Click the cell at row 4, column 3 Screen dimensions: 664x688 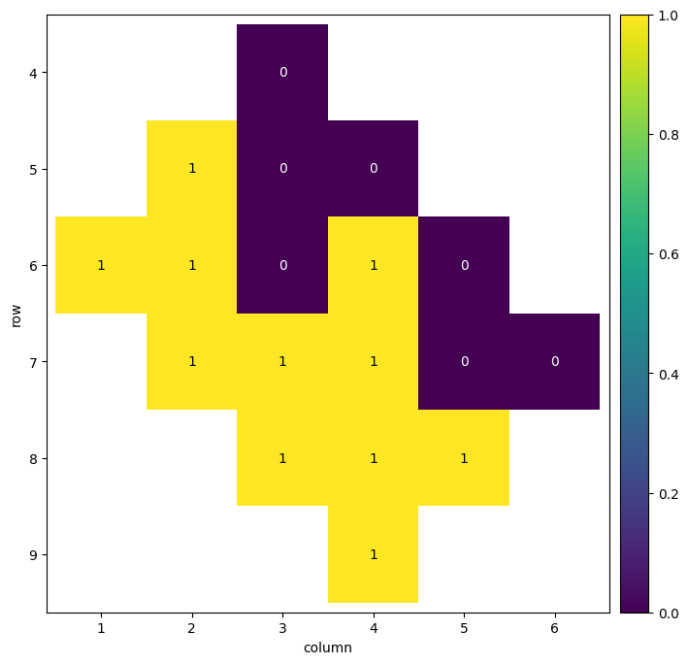(282, 72)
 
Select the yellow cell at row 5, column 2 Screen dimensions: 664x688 (192, 168)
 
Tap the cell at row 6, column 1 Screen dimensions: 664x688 (101, 265)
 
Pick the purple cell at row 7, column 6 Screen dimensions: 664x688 (554, 361)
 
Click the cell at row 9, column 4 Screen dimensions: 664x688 (374, 554)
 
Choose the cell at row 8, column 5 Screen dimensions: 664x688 (464, 458)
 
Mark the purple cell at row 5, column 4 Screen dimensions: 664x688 (374, 168)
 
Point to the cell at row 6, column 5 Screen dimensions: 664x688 (464, 265)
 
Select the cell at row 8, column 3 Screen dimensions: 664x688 (282, 458)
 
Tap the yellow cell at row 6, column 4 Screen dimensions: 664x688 (374, 265)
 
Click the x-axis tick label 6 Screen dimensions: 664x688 (554, 628)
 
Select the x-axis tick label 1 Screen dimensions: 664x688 (101, 628)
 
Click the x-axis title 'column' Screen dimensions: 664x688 (327, 647)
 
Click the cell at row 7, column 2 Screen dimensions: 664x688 (192, 361)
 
